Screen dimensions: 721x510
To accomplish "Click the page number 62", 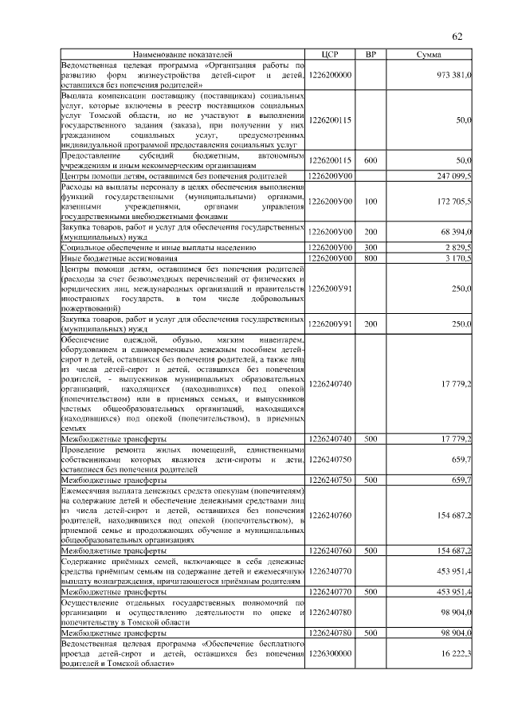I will [x=457, y=36].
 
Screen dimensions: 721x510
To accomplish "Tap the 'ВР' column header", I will [x=371, y=54].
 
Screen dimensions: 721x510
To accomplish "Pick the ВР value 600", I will [x=371, y=161].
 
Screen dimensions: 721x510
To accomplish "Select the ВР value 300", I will [x=371, y=249].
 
